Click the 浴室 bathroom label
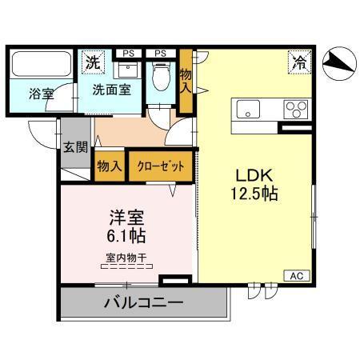pyautogui.click(x=42, y=94)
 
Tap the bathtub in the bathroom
pyautogui.click(x=41, y=65)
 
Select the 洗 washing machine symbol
pyautogui.click(x=94, y=62)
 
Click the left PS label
pyautogui.click(x=127, y=54)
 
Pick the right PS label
pyautogui.click(x=160, y=54)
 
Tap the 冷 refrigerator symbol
pyautogui.click(x=298, y=61)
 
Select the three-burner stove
pyautogui.click(x=294, y=108)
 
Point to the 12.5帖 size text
pyautogui.click(x=254, y=193)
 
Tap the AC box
pyautogui.click(x=294, y=275)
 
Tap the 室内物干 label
pyautogui.click(x=126, y=257)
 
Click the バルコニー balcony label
pyautogui.click(x=143, y=303)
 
